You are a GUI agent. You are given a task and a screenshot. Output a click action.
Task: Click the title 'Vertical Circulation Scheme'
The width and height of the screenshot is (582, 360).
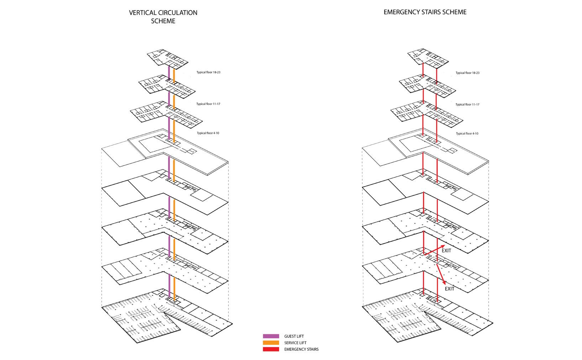coord(163,17)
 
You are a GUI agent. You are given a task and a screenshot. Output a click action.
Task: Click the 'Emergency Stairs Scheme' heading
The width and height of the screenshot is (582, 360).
coord(425,12)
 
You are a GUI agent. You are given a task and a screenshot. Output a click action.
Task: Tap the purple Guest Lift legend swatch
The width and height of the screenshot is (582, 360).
coord(271,336)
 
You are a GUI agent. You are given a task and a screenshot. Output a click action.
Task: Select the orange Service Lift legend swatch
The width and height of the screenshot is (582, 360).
coord(271,343)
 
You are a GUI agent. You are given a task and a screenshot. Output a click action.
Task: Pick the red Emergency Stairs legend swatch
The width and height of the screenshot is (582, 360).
coord(271,349)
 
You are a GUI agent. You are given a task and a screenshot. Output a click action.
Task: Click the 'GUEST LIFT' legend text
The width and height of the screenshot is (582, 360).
coord(294,336)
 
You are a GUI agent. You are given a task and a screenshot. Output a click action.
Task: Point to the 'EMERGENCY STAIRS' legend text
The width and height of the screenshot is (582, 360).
coord(301,349)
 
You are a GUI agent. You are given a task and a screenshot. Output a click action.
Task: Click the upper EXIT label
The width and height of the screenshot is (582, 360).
coord(446,251)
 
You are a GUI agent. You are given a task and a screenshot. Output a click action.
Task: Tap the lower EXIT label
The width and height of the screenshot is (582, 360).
coord(450,289)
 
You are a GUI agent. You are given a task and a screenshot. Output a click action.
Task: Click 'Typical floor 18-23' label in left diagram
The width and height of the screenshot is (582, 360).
coord(208,72)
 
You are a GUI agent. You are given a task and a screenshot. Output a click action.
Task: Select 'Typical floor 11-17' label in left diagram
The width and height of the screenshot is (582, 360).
coord(208,104)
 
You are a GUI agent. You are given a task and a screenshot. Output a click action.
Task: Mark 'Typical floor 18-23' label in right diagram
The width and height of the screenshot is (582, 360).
coord(467,73)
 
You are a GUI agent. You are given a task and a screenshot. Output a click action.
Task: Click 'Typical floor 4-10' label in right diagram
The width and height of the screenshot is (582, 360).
coord(467,134)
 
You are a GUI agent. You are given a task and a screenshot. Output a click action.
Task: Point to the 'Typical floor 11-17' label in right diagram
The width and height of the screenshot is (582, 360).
coord(467,105)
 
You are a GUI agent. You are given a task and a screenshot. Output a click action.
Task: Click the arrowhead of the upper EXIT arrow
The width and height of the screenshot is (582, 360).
coord(443,246)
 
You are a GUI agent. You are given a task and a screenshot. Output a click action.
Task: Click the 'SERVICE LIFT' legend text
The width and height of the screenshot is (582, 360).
coord(295,343)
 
